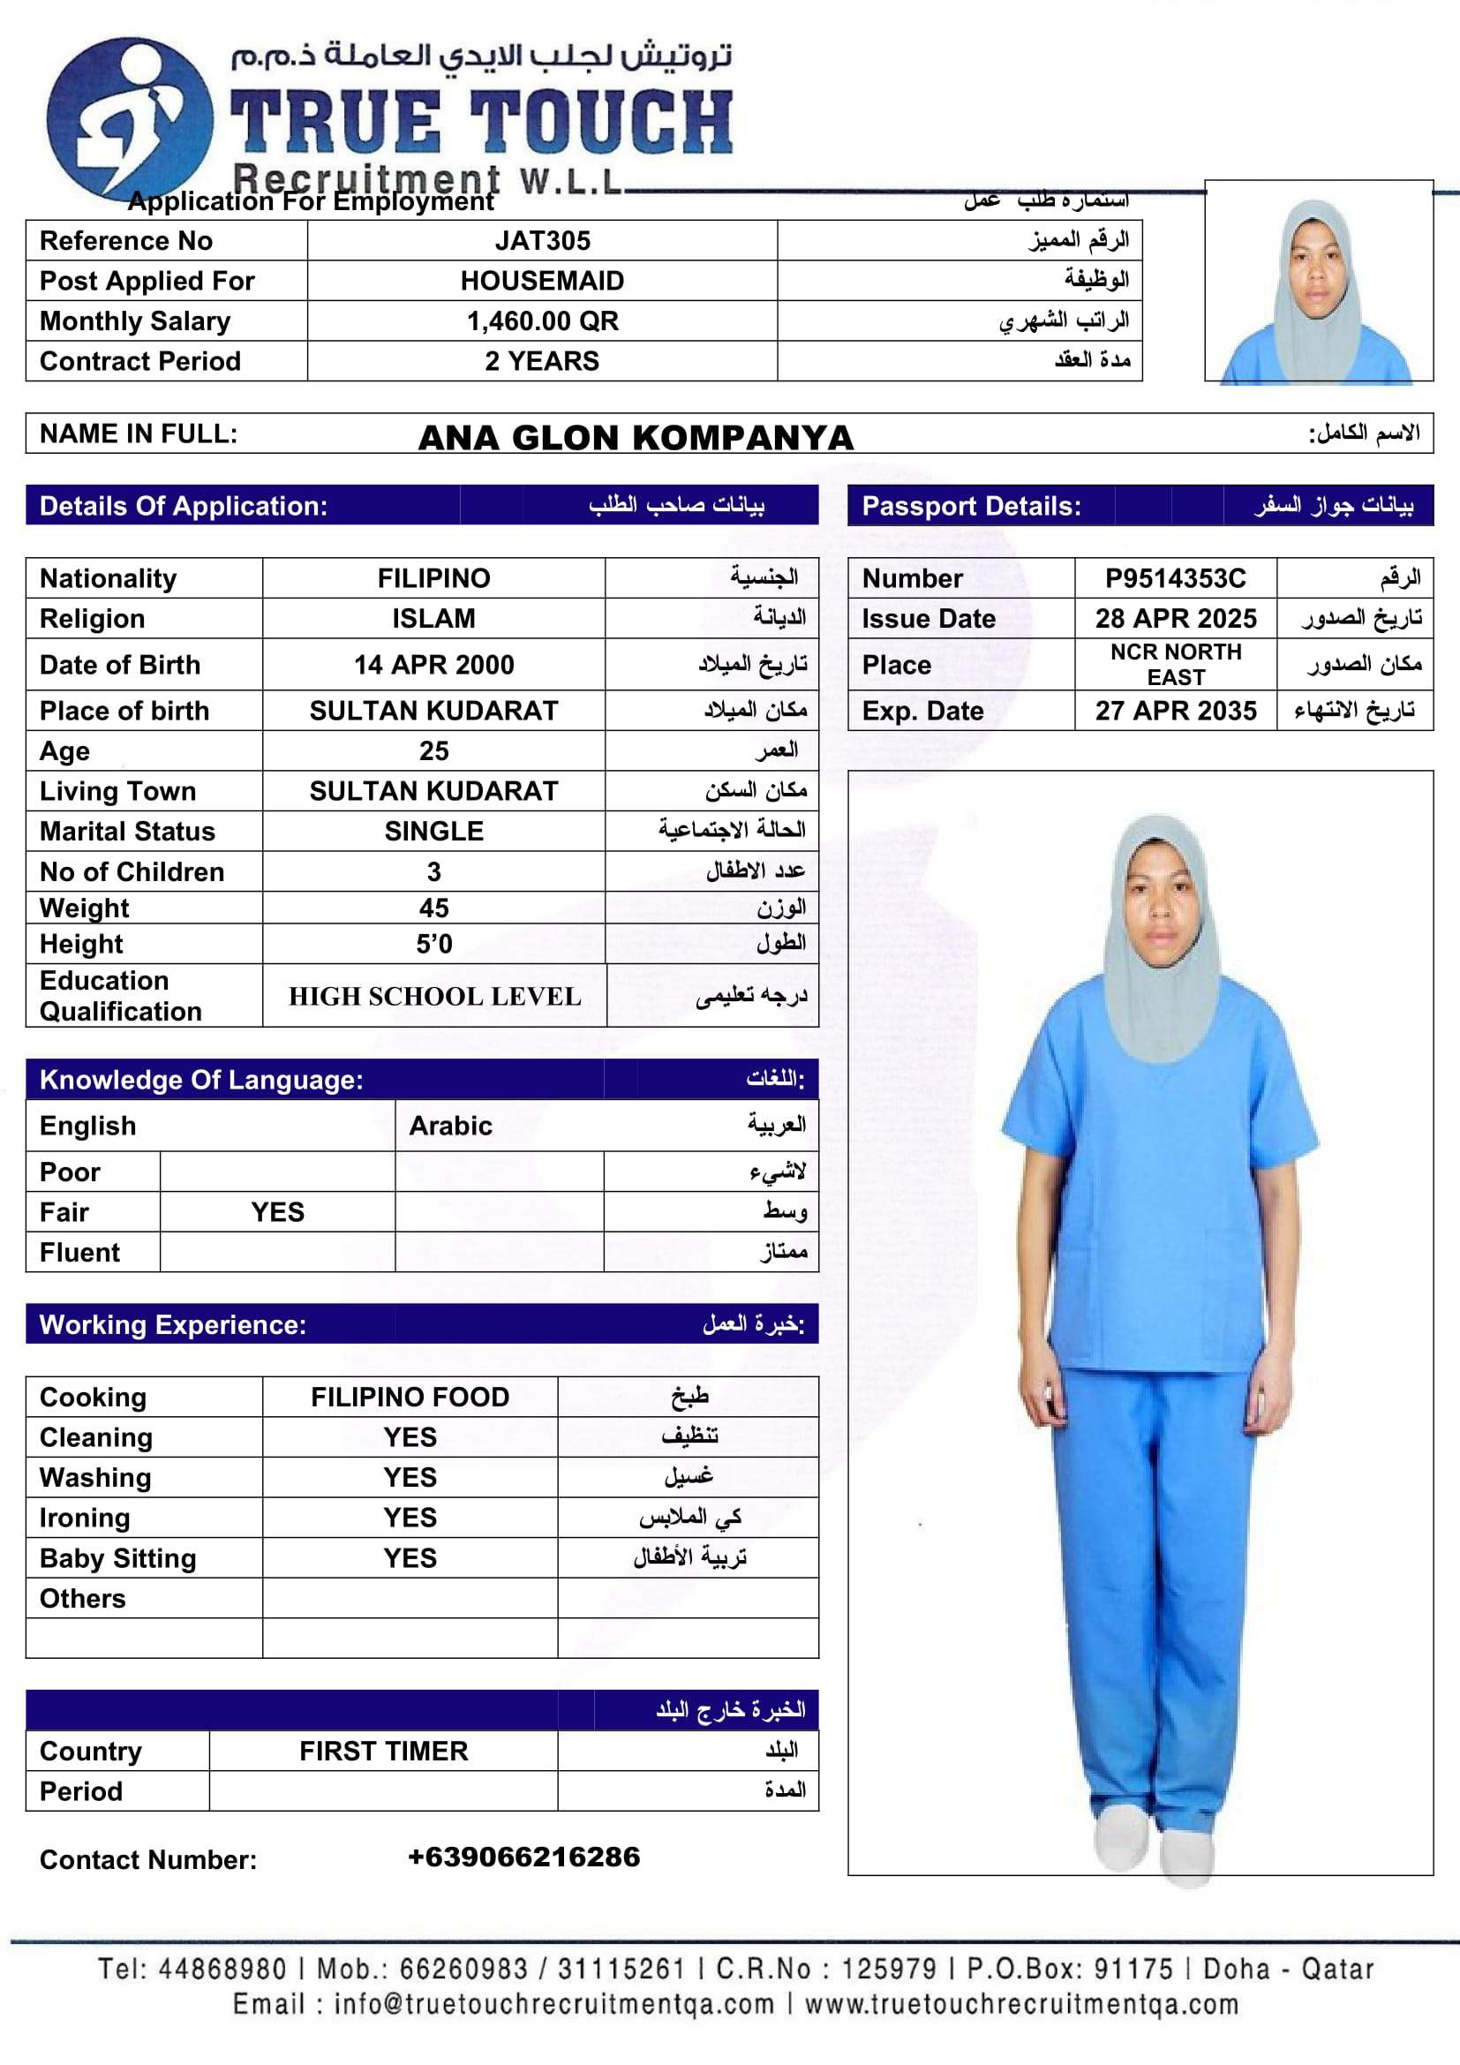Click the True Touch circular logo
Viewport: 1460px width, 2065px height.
(130, 119)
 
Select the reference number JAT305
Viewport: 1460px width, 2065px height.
(542, 241)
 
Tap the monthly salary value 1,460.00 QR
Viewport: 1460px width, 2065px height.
(542, 321)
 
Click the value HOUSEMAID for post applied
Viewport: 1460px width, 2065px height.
(542, 281)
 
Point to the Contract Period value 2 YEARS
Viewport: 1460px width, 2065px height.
(542, 361)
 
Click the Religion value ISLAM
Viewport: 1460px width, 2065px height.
(433, 619)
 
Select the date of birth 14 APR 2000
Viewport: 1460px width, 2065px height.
(433, 665)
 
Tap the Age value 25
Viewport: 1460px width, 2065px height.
(433, 751)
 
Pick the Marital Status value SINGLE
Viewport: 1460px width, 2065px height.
(433, 831)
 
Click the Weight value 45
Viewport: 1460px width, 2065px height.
(433, 908)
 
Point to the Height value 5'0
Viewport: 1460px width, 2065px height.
(433, 945)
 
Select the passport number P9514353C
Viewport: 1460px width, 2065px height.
(1175, 578)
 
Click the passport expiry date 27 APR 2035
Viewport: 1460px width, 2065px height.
(1175, 711)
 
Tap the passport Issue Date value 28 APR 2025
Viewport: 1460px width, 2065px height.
(1175, 619)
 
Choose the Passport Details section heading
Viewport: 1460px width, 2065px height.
(971, 507)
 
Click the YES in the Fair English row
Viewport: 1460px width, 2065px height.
(277, 1212)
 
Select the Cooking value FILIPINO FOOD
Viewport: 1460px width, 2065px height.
(410, 1397)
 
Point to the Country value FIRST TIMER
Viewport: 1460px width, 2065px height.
(383, 1751)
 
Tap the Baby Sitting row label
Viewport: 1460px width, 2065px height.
(117, 1557)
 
